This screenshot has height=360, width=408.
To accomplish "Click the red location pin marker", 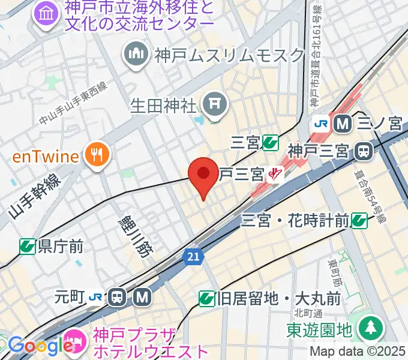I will point(203,175).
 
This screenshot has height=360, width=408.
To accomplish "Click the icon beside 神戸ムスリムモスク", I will point(136,56).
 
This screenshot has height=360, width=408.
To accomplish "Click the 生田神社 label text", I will point(163,106).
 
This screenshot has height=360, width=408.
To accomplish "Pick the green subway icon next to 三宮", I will point(270,143).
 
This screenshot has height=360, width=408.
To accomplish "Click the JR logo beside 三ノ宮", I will point(320,124).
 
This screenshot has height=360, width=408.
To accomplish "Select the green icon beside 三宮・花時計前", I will point(359,221).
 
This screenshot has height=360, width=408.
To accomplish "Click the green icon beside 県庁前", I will point(27,246).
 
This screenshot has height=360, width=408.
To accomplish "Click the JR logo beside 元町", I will point(95,296).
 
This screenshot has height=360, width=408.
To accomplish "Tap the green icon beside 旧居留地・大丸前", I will point(206,297).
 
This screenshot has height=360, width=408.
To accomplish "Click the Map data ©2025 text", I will point(358,351).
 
